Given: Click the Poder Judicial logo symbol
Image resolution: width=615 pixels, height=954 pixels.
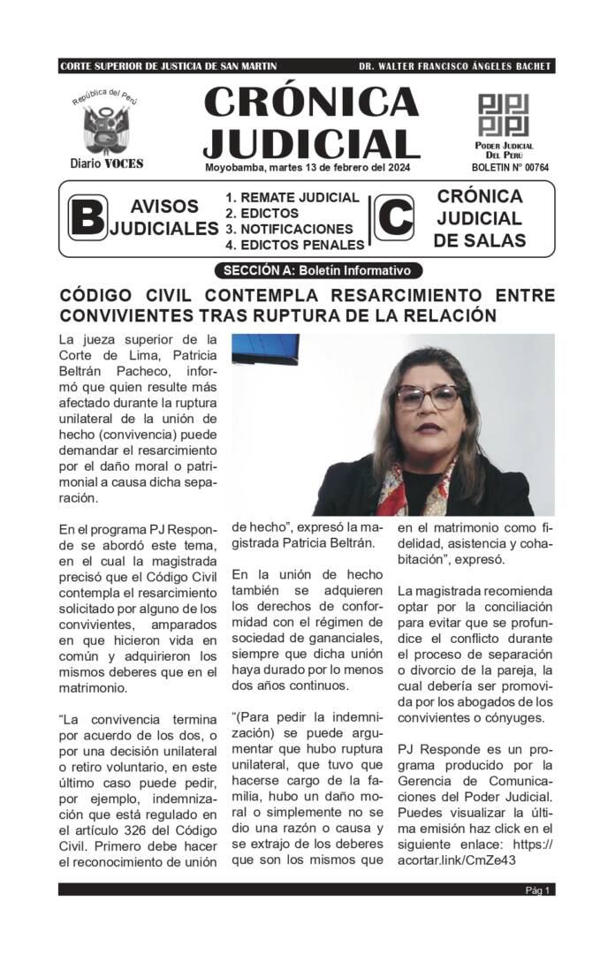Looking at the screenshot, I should click(x=504, y=114).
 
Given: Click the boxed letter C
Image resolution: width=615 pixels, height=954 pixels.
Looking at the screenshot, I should click(x=396, y=218).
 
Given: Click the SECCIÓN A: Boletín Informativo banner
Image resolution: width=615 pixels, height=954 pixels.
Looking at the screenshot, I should click(x=318, y=270).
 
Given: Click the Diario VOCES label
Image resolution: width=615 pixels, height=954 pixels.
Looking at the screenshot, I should click(x=107, y=163).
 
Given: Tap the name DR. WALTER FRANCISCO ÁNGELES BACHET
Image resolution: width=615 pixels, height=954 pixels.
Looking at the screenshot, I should click(x=454, y=66).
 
